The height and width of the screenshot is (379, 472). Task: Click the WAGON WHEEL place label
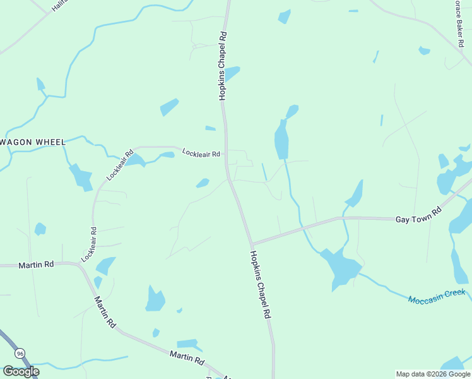pos(33,142)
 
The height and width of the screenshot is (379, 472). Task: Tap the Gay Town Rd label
pos(417,216)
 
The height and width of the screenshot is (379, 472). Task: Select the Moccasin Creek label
pos(437,295)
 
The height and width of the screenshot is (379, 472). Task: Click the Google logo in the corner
pos(21,371)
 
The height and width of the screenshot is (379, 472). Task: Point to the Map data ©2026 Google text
pos(433,374)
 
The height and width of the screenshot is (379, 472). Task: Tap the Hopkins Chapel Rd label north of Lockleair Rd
pos(222,66)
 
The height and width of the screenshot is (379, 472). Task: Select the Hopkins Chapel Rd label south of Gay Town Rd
pos(261,284)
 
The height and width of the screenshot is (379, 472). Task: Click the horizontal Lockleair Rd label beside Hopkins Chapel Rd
pos(201,153)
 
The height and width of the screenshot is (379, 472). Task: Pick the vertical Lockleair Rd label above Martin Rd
pos(89,245)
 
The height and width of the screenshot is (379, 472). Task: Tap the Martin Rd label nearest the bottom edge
pos(187,358)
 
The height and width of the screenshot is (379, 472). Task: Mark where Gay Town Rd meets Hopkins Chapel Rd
pos(251,244)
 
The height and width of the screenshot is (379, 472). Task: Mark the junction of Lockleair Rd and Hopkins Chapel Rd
pos(227,153)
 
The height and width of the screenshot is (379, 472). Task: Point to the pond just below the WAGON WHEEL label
pos(81,177)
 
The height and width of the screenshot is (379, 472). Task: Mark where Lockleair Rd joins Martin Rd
pos(80,265)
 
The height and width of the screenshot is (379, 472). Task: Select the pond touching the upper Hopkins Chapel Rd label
pos(232,73)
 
